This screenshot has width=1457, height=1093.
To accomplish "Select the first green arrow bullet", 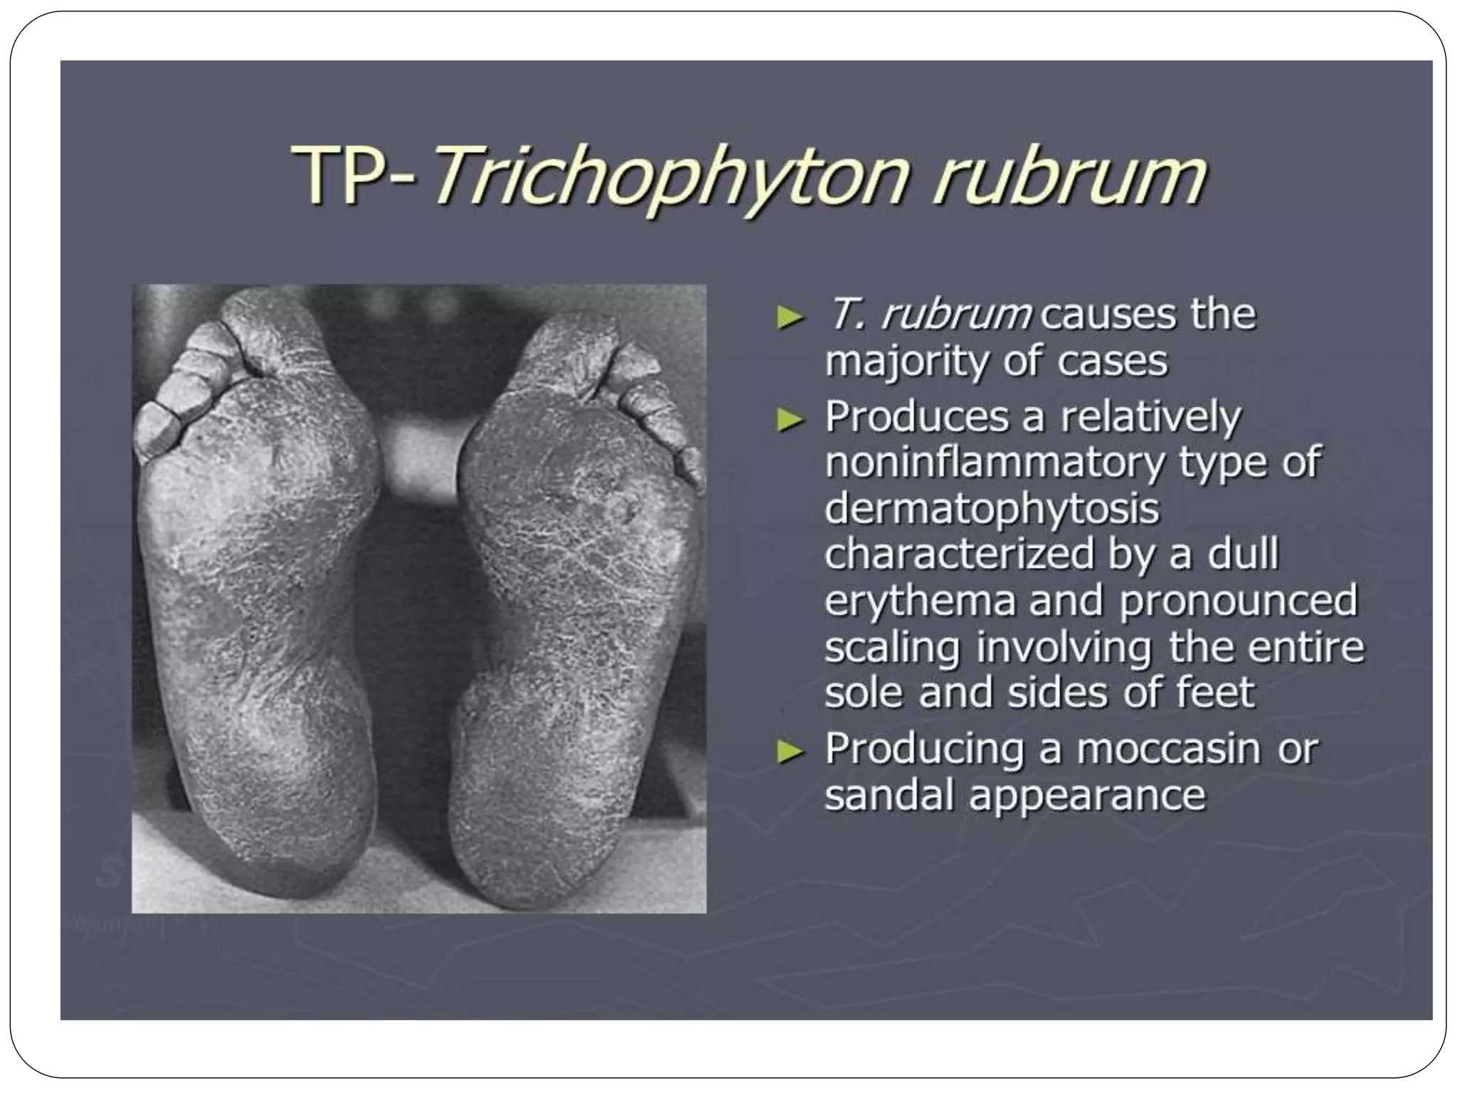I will (789, 318).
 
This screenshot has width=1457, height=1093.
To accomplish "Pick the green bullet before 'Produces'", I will (789, 421).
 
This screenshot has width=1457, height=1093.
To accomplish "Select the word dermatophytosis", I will (992, 509).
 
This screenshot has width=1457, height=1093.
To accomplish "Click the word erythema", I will (920, 601).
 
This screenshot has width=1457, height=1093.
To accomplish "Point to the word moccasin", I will (1167, 749).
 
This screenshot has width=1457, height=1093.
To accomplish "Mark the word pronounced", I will (1238, 601).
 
